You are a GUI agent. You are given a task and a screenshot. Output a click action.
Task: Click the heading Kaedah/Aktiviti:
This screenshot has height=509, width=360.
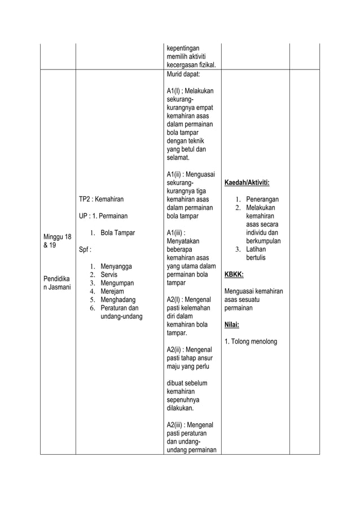(247, 183)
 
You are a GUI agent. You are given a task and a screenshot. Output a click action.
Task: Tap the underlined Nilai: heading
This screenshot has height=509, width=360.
(232, 324)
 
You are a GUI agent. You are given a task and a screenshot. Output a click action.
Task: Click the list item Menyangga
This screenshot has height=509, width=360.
(116, 266)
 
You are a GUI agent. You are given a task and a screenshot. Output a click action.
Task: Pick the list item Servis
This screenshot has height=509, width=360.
(109, 274)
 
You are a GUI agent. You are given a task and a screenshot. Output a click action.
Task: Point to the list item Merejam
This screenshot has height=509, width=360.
(112, 291)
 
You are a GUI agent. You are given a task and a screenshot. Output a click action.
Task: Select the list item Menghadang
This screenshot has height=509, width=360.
(118, 300)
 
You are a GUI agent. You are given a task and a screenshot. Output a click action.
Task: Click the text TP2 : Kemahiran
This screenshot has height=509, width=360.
(100, 199)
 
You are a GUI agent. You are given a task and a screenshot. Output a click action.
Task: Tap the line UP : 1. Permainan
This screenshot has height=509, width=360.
(103, 216)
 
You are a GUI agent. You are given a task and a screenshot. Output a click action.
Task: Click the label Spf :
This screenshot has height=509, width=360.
(85, 249)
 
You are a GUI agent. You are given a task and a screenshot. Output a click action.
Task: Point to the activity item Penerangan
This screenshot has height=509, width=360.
(262, 200)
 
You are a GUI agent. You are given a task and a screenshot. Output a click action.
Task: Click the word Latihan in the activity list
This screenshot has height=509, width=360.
(256, 249)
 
